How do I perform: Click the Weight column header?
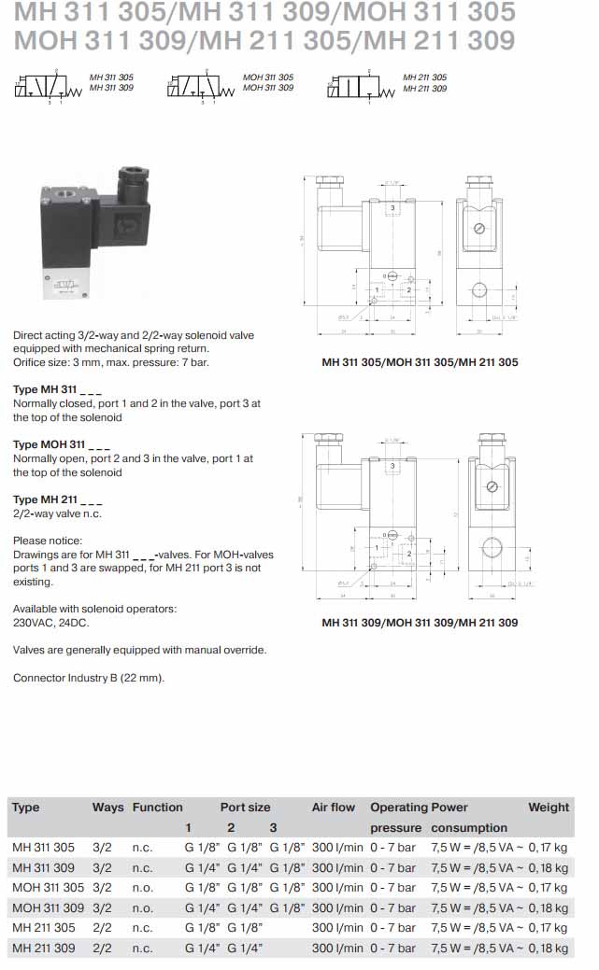[x=549, y=808]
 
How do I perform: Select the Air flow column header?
[x=334, y=808]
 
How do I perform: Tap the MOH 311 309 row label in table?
[x=48, y=907]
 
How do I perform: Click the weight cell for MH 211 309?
[x=548, y=948]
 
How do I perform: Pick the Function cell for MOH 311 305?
[x=142, y=888]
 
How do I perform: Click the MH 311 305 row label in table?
[x=43, y=848]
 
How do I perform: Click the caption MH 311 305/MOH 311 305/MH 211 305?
[x=420, y=362]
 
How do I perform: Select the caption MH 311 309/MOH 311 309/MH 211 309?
[x=420, y=623]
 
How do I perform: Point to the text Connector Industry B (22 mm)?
[x=89, y=678]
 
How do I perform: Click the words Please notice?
[x=48, y=541]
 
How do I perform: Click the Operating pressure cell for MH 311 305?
[x=393, y=848]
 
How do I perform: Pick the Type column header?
[x=26, y=808]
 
